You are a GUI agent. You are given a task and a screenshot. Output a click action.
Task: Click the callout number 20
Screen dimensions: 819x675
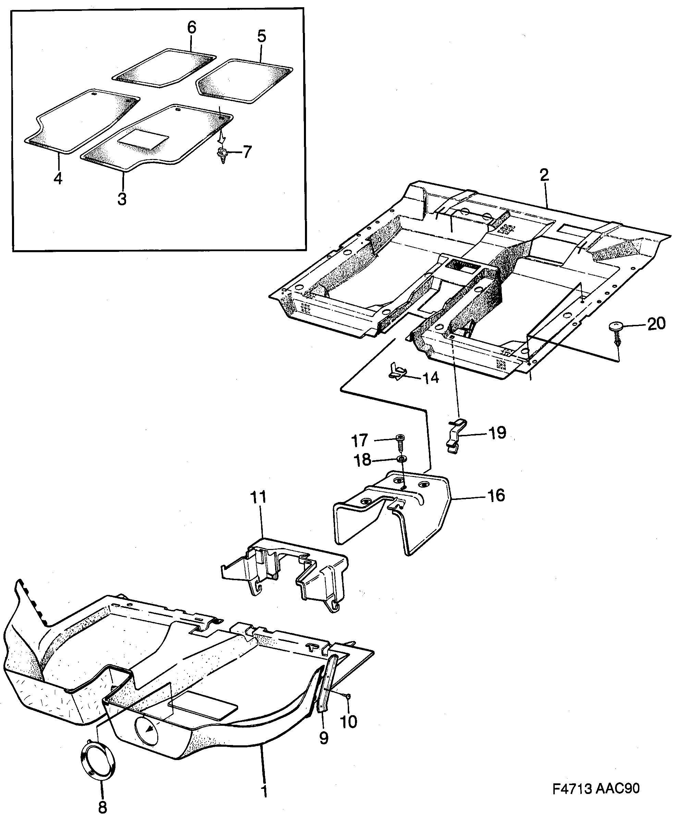click(x=656, y=323)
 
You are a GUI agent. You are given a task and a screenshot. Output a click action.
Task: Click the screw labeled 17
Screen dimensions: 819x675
click(x=400, y=441)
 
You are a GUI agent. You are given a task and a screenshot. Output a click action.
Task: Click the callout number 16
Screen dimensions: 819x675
click(x=496, y=496)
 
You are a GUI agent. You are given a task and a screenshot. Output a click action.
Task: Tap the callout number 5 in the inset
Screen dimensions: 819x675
click(x=261, y=37)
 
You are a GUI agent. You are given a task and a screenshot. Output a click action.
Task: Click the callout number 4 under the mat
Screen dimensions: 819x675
click(x=58, y=178)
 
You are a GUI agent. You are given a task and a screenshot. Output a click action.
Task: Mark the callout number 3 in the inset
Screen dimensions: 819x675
click(x=122, y=199)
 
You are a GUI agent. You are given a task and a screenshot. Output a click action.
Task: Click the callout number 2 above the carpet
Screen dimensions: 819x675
click(x=544, y=175)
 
